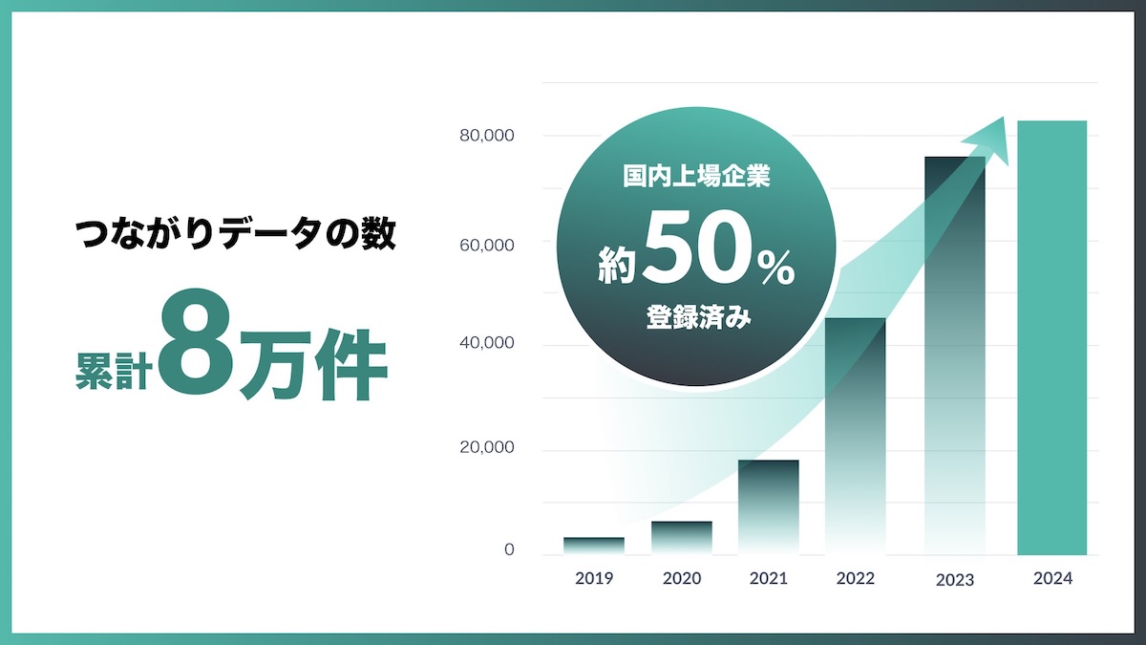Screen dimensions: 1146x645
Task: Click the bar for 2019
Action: tap(594, 546)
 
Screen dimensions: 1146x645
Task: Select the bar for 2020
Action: tap(682, 538)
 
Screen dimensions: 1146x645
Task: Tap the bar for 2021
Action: tap(769, 507)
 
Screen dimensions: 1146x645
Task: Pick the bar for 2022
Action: tap(856, 437)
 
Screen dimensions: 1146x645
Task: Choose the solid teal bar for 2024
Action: tap(1051, 338)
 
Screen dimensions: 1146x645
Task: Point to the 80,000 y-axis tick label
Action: tap(486, 136)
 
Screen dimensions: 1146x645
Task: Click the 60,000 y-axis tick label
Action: tap(486, 246)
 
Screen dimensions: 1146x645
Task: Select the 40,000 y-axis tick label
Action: tap(486, 343)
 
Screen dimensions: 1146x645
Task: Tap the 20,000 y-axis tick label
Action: tap(486, 447)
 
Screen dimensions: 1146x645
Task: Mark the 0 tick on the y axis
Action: tap(509, 549)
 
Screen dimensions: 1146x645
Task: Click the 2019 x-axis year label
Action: tap(594, 578)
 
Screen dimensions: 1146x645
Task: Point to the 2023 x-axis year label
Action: tap(955, 580)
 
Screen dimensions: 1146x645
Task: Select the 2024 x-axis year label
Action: tap(1052, 578)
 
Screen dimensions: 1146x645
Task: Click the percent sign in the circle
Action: tap(776, 269)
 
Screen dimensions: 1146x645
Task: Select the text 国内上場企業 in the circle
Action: tap(696, 176)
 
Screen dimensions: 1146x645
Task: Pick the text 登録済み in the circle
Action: tap(698, 317)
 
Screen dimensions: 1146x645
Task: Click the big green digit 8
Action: tap(196, 341)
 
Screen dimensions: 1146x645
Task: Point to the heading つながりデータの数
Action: tap(235, 234)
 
